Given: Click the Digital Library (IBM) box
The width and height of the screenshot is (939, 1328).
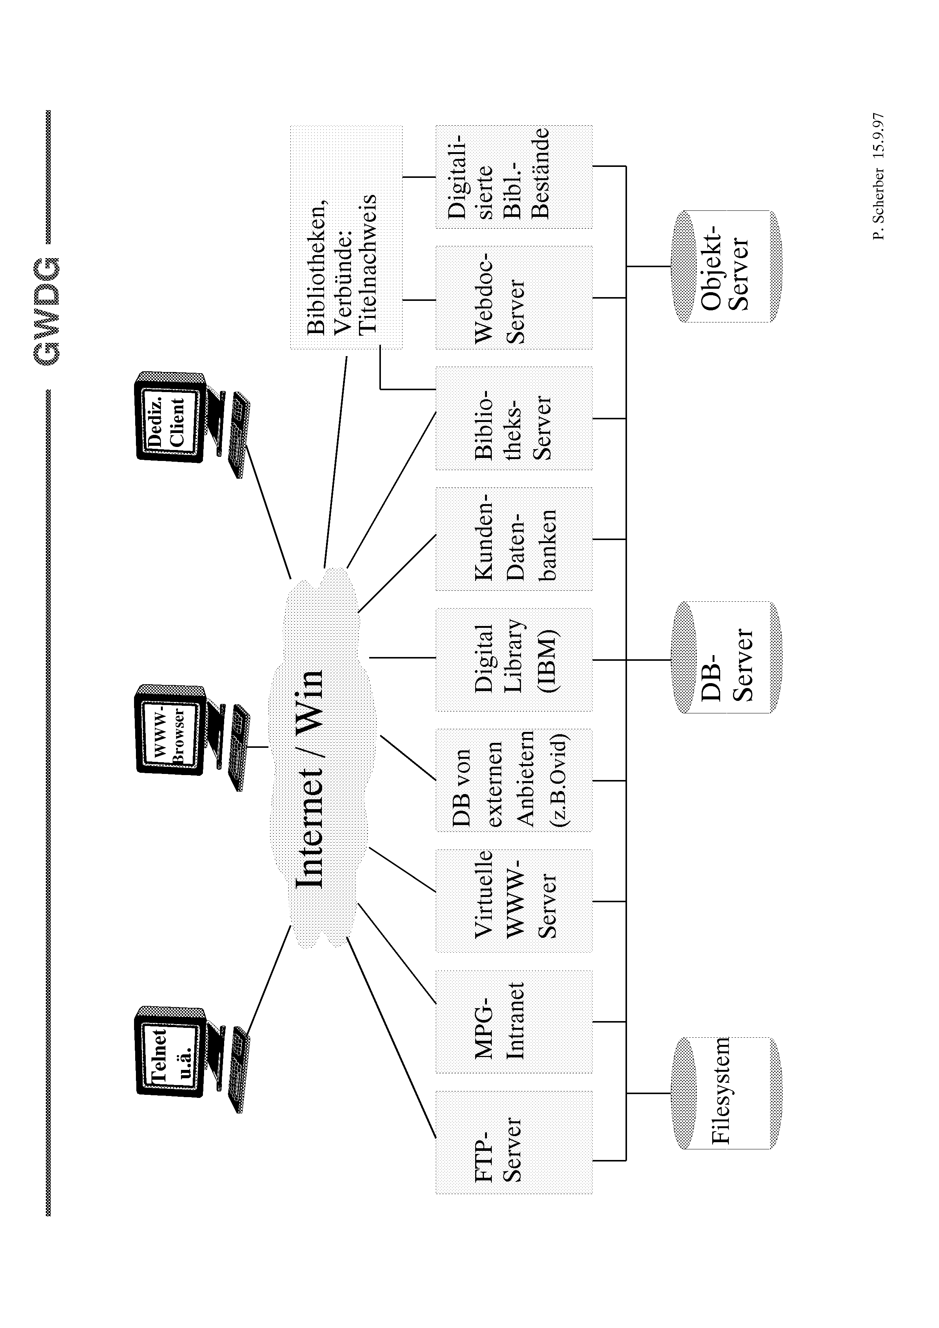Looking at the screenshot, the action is pyautogui.click(x=514, y=659).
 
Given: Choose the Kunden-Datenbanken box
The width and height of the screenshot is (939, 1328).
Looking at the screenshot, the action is pyautogui.click(x=514, y=539).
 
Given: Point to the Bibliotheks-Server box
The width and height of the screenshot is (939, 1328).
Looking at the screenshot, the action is pyautogui.click(x=514, y=418).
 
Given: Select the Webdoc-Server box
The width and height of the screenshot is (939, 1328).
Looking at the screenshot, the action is pyautogui.click(x=514, y=298).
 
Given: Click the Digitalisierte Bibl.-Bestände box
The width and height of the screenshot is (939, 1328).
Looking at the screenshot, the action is pyautogui.click(x=514, y=177).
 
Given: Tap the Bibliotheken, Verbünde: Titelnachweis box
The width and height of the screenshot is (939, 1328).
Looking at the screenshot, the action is pyautogui.click(x=346, y=237).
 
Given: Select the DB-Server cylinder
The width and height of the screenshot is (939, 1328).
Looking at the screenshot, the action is pyautogui.click(x=726, y=658).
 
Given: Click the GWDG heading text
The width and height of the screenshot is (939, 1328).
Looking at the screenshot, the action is pyautogui.click(x=46, y=311).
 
